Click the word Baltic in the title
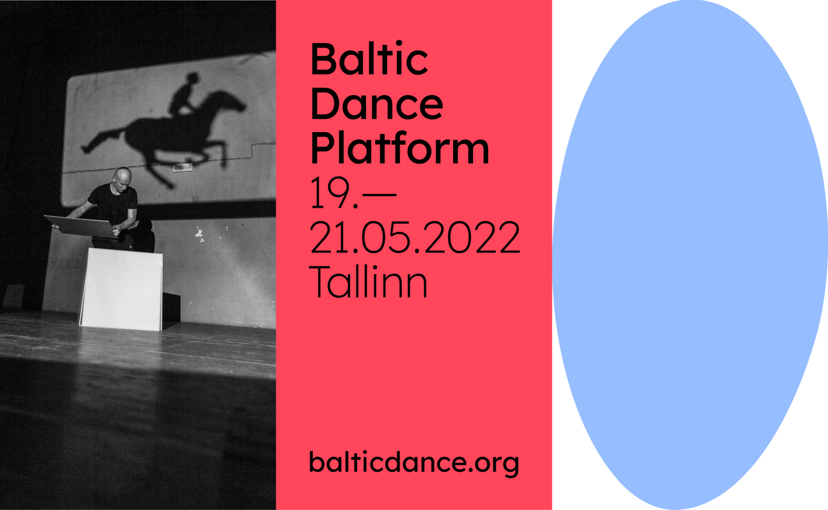369,59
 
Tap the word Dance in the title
376,103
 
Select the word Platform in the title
400,148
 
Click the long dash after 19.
380,193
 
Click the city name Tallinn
368,281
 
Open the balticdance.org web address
414,463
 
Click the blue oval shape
690,255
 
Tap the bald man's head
123,178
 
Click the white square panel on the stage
121,290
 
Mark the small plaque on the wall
183,167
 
